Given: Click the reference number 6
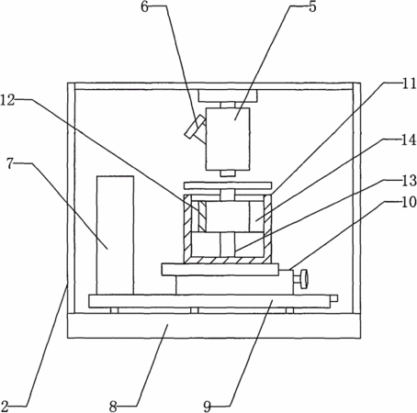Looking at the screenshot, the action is [x=145, y=6].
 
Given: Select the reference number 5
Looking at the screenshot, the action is [x=312, y=6].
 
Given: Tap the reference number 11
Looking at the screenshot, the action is [x=409, y=84].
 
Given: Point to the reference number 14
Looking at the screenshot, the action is [x=409, y=140].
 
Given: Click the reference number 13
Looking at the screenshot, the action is [x=409, y=181].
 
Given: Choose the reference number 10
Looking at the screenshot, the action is [x=409, y=202].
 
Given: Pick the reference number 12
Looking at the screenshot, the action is [x=7, y=100].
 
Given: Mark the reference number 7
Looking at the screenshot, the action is [x=10, y=164].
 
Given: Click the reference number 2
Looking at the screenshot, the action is [x=5, y=407].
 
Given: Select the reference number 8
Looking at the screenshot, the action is [x=113, y=407].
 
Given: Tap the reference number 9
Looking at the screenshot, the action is [x=208, y=407].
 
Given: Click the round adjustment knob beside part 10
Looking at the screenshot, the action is [x=304, y=279].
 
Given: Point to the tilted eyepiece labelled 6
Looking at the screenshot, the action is [x=196, y=127].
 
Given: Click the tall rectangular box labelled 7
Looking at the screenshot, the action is [x=115, y=235].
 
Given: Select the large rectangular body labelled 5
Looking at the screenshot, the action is [x=228, y=139].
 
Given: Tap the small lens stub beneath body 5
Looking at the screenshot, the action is [x=228, y=173].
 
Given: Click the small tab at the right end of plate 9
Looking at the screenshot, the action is [x=334, y=298].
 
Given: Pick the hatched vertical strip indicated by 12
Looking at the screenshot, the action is [x=202, y=217].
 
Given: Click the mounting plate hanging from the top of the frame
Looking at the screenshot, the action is [x=228, y=95].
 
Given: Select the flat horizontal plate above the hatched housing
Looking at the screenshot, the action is [x=228, y=185].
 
